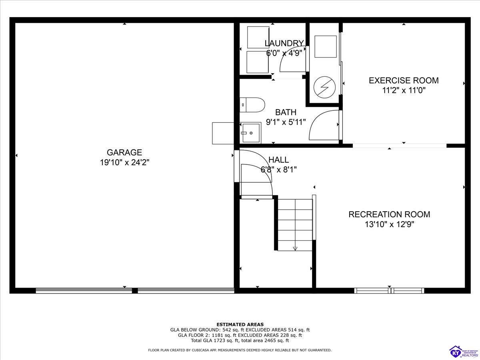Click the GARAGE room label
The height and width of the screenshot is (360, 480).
click(124, 152)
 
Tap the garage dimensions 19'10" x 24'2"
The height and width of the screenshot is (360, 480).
click(124, 162)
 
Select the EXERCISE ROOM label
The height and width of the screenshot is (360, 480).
click(403, 80)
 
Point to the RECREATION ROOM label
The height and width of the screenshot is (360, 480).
click(389, 214)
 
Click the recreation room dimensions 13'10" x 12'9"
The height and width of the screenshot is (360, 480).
click(389, 224)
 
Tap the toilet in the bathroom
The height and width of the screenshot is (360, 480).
click(252, 105)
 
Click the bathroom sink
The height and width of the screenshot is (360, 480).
click(250, 133)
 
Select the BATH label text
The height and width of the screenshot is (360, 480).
click(286, 112)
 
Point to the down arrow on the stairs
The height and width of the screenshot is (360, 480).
click(295, 248)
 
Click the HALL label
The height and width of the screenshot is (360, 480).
click(278, 160)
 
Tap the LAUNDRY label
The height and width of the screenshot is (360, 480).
click(284, 43)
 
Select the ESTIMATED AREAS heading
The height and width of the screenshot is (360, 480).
click(240, 324)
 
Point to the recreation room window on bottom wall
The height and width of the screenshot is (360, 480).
click(389, 290)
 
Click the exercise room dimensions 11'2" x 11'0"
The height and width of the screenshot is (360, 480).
click(403, 90)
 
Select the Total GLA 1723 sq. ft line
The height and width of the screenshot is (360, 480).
click(240, 341)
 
